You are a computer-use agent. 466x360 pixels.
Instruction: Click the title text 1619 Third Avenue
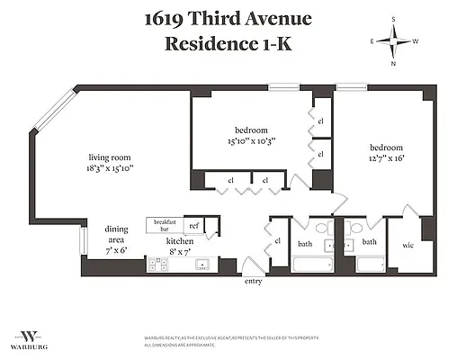233,19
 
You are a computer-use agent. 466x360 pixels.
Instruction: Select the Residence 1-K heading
233,42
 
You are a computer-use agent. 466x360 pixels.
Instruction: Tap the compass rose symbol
393,41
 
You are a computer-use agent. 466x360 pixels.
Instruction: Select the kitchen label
179,241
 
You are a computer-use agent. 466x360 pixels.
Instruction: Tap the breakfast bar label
164,226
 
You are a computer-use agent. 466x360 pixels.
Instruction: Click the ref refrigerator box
193,226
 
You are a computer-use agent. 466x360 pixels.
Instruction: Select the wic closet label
408,244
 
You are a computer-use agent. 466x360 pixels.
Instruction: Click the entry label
253,282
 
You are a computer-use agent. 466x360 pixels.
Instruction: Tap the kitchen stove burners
158,264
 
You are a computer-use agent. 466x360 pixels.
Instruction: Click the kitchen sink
203,265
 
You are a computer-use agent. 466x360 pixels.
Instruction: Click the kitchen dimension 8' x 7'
180,253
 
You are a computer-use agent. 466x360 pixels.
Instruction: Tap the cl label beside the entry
277,241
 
